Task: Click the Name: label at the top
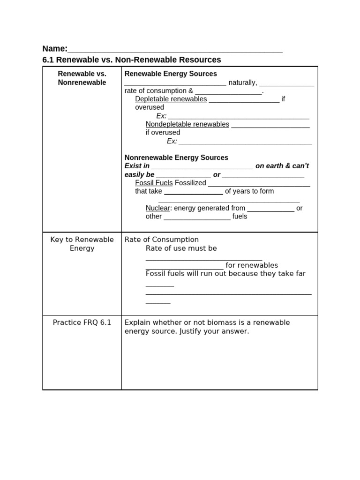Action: pos(55,49)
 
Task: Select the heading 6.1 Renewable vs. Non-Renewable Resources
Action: pos(132,60)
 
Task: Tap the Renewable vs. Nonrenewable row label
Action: pos(82,78)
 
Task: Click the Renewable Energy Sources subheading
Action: pos(171,74)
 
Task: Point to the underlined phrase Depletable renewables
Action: pos(171,99)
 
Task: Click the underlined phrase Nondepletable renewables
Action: pos(187,124)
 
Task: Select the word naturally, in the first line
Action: pos(242,82)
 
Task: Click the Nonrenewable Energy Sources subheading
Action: pos(176,157)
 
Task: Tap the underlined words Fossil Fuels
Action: pos(154,183)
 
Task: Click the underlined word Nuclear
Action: pos(157,208)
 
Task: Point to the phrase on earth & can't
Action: pos(282,166)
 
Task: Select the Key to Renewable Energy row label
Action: pos(82,244)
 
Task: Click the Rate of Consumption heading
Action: pos(162,240)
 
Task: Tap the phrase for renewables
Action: pos(252,265)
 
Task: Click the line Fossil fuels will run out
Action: pos(225,274)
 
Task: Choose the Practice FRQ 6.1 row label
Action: pos(82,322)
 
